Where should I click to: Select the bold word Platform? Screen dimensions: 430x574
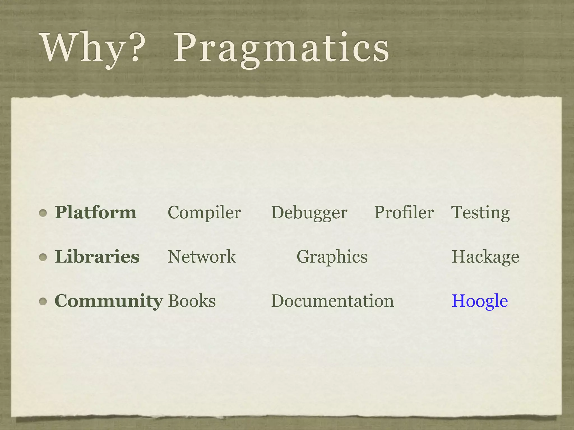(96, 212)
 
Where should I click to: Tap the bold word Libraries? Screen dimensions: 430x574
(97, 256)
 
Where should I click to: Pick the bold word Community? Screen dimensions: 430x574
(109, 301)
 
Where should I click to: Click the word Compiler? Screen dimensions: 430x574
(204, 212)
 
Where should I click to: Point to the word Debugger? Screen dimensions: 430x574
(309, 213)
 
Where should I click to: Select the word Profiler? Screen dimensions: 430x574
(404, 212)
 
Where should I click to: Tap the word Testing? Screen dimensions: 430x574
(480, 213)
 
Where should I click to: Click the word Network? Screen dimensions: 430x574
(202, 256)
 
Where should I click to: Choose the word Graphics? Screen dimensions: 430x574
(332, 257)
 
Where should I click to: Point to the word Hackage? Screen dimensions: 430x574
(485, 257)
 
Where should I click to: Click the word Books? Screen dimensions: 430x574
(192, 301)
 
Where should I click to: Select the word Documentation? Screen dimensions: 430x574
(332, 301)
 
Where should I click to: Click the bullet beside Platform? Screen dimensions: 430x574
(43, 213)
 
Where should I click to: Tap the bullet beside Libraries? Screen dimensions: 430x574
(43, 257)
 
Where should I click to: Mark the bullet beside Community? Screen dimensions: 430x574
(43, 302)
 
